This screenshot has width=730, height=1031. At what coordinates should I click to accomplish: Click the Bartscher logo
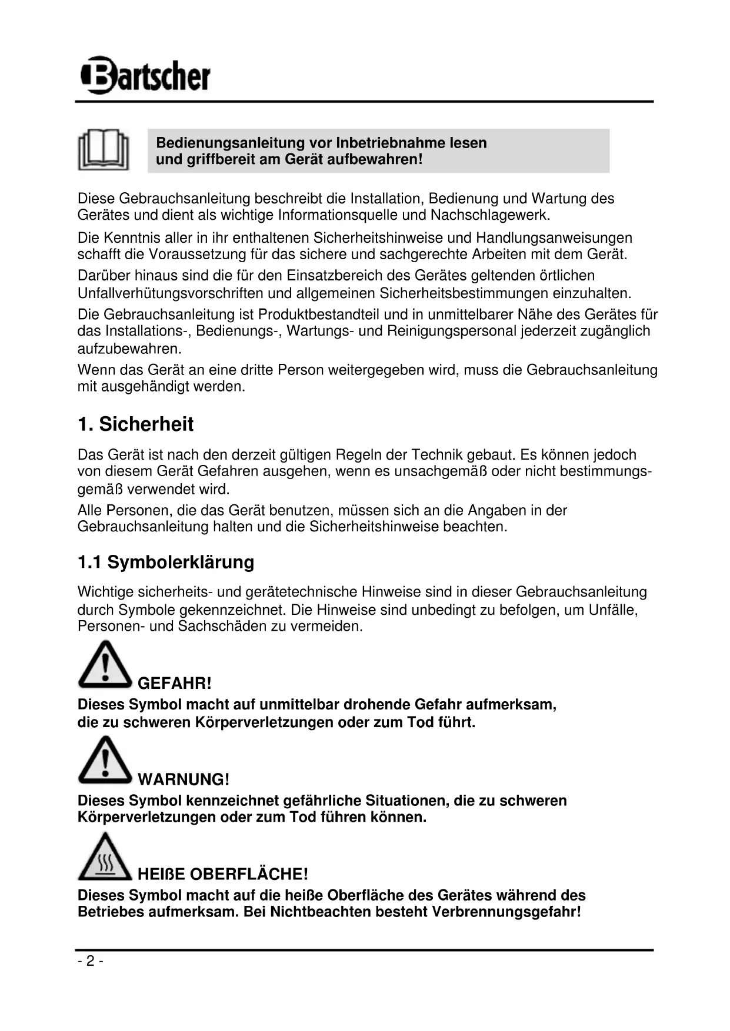tap(145, 75)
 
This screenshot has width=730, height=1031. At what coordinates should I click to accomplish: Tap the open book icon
tap(104, 150)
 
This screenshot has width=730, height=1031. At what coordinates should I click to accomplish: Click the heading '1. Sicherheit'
tap(135, 424)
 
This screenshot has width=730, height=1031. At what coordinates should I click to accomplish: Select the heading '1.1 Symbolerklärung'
tap(166, 562)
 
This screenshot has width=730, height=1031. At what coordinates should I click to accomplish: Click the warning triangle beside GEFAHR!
tap(104, 665)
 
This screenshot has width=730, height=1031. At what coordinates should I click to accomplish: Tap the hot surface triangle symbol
tap(104, 856)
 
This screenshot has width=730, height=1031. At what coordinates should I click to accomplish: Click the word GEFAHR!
tap(174, 683)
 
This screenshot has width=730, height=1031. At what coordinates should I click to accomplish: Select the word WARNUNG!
tap(184, 779)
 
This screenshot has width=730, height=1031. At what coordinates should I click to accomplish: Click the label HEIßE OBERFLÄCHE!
tap(222, 874)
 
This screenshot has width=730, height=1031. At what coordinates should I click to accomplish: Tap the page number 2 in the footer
tap(90, 961)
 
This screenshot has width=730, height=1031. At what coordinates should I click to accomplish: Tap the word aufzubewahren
tap(129, 349)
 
